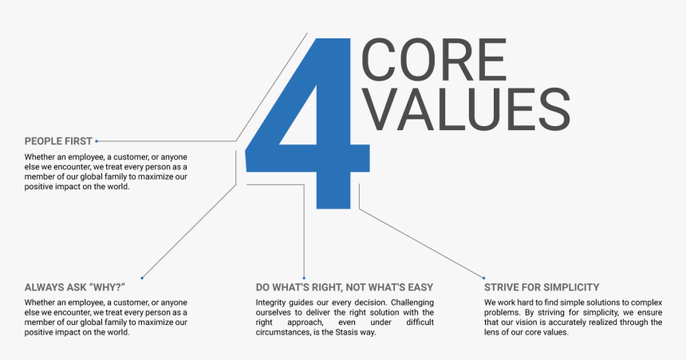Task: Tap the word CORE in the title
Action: (x=434, y=60)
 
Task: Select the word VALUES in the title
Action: (x=467, y=109)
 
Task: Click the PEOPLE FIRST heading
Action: (x=58, y=141)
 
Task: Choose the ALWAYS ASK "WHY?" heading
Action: (x=75, y=287)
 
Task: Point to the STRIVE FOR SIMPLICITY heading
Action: (x=542, y=287)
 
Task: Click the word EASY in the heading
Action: (x=420, y=287)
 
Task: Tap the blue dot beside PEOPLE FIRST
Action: (x=97, y=141)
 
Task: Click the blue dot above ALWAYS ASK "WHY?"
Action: (x=142, y=278)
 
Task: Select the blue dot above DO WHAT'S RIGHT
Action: (x=304, y=278)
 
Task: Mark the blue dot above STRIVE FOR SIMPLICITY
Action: (x=484, y=278)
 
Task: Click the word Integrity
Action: (x=270, y=303)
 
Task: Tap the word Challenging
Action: (x=412, y=303)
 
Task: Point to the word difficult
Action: (x=420, y=322)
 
